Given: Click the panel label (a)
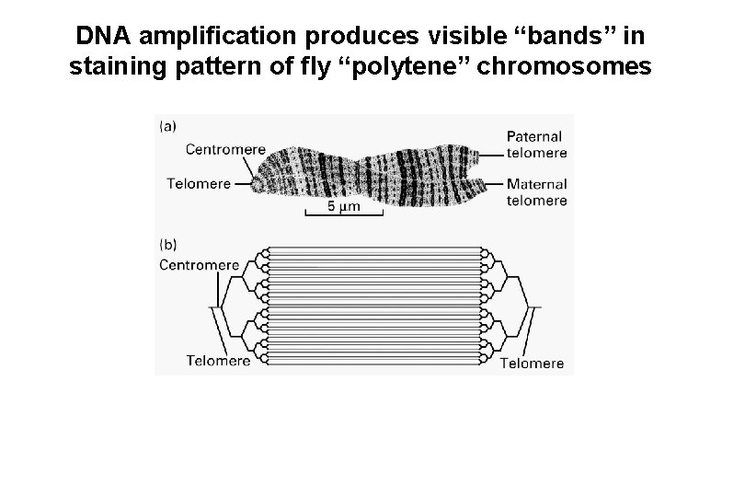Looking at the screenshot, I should click(x=168, y=126).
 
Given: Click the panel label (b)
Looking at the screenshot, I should click(x=168, y=245).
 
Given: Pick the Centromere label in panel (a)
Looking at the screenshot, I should click(x=225, y=149).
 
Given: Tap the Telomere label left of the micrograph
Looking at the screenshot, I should click(x=199, y=182).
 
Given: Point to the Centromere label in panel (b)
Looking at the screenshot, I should click(x=200, y=265).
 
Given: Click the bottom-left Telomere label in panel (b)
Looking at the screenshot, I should click(x=218, y=361).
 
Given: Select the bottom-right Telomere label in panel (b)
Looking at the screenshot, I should click(x=532, y=363).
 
